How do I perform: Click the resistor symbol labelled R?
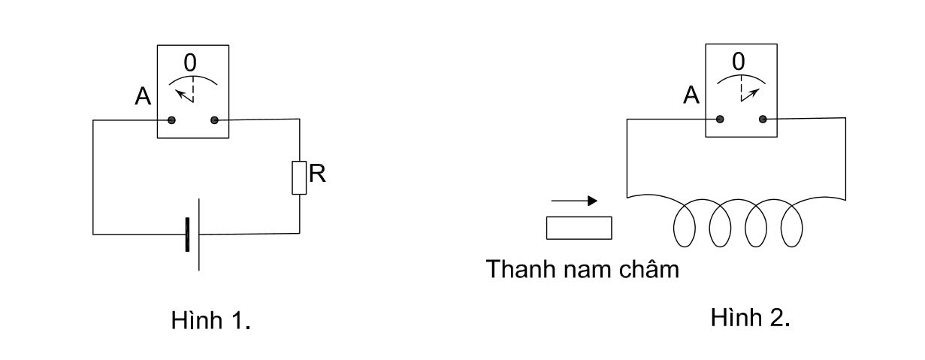(299, 177)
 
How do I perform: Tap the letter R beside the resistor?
(318, 174)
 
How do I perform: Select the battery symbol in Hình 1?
(192, 234)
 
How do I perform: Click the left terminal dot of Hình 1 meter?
(172, 120)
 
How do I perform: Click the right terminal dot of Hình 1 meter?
(215, 120)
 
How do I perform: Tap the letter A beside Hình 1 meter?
(143, 95)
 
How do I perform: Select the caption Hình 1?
(210, 321)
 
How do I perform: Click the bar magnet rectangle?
(579, 228)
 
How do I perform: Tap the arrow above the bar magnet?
(575, 201)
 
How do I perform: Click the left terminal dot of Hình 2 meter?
(721, 119)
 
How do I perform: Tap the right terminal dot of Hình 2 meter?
(763, 119)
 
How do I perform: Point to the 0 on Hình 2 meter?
(739, 62)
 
